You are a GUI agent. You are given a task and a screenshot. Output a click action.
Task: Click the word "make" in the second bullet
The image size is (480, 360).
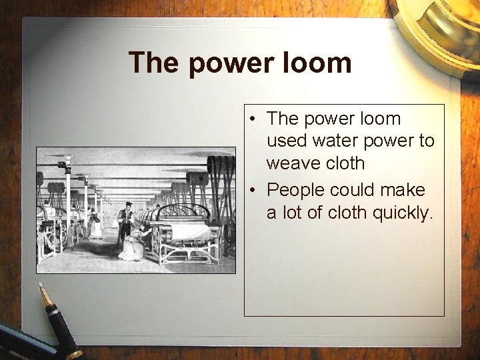click(x=403, y=190)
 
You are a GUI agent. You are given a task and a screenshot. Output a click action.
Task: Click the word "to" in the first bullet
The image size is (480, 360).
click(x=425, y=141)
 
